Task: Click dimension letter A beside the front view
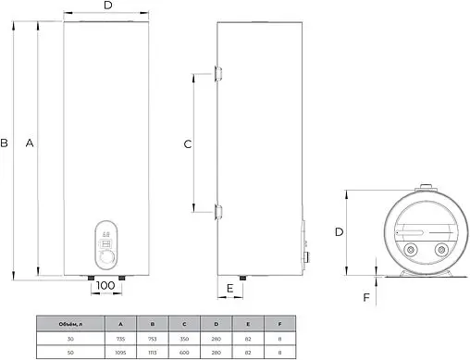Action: [x=31, y=143]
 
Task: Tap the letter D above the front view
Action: [x=107, y=7]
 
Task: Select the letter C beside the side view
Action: [x=187, y=143]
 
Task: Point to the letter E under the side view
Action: [x=229, y=289]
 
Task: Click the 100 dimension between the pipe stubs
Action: [x=106, y=286]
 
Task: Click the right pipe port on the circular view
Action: [x=437, y=250]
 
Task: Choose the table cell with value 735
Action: [x=120, y=338]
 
